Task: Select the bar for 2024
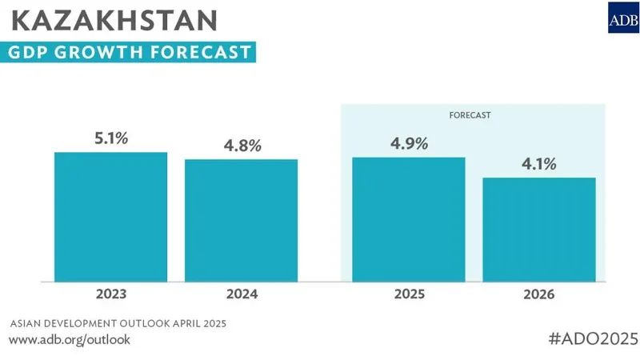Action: click(x=241, y=220)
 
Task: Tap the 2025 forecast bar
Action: click(x=409, y=218)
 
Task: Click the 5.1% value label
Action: click(x=111, y=138)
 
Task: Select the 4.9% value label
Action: click(x=409, y=143)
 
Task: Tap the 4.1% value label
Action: click(x=539, y=164)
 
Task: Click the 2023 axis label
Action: click(x=110, y=294)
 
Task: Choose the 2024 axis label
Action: click(x=241, y=294)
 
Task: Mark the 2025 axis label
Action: click(x=409, y=294)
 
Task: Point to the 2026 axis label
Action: click(x=539, y=294)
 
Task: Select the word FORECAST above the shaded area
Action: click(x=469, y=115)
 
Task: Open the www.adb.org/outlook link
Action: click(x=69, y=339)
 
